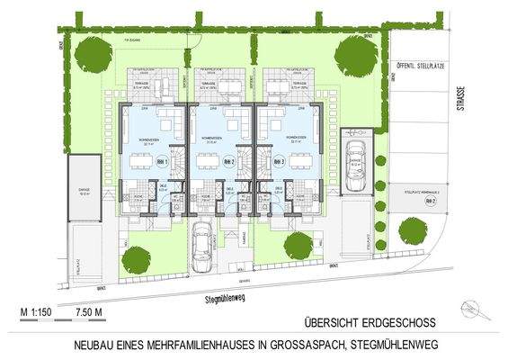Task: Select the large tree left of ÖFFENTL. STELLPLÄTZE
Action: pyautogui.click(x=353, y=57)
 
